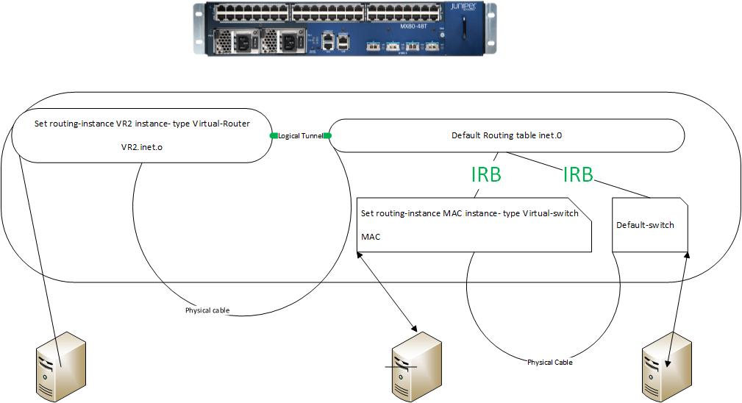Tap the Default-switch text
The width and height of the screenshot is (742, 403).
tap(645, 225)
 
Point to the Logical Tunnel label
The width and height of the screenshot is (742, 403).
tap(301, 136)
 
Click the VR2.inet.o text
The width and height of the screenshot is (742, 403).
tap(142, 147)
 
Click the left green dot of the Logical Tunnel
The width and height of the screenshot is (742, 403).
tap(273, 136)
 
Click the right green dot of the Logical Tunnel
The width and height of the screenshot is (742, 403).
tap(328, 136)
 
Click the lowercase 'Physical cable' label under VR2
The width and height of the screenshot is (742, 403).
tap(207, 310)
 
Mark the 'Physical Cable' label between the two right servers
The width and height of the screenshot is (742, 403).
tap(549, 362)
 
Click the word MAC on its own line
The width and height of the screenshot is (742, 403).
tap(371, 237)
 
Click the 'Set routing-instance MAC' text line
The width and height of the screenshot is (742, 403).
tap(470, 214)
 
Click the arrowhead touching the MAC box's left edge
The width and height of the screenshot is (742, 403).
tap(360, 254)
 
